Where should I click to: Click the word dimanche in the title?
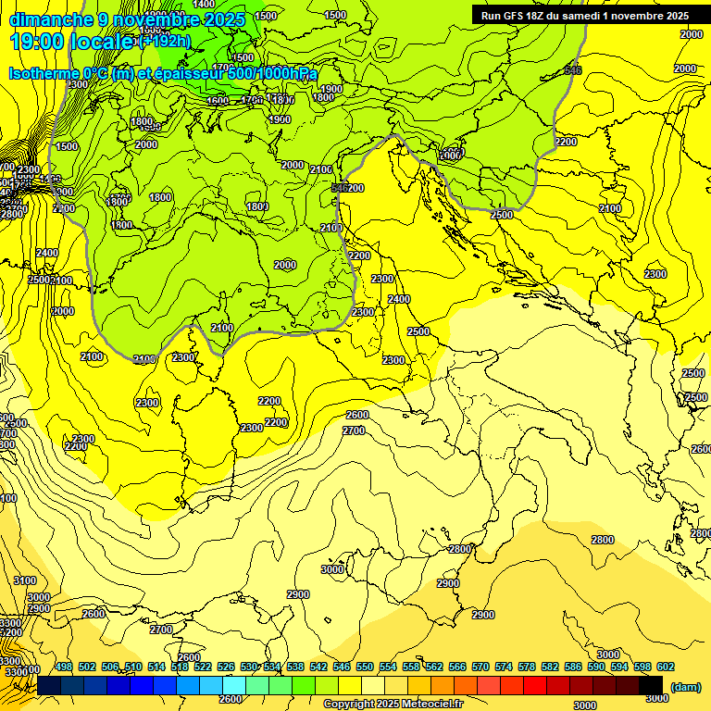click(51, 19)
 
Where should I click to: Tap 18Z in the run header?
click(539, 16)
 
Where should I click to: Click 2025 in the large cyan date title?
click(223, 19)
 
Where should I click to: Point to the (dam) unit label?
click(685, 686)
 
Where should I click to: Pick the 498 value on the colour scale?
click(64, 667)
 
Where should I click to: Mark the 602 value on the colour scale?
click(666, 667)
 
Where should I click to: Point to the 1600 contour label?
click(218, 101)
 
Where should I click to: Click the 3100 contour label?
click(26, 580)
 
